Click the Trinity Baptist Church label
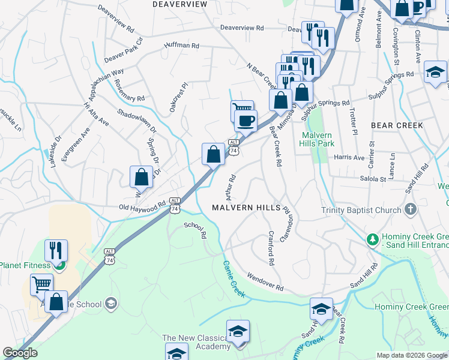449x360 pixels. pyautogui.click(x=361, y=210)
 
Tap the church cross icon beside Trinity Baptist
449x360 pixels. pyautogui.click(x=411, y=209)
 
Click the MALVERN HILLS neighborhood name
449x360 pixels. pyautogui.click(x=246, y=208)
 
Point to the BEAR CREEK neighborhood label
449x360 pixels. pyautogui.click(x=397, y=125)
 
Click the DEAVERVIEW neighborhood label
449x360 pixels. pyautogui.click(x=179, y=4)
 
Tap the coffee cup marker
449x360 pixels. pyautogui.click(x=245, y=121)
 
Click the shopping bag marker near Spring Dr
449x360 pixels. pyautogui.click(x=141, y=177)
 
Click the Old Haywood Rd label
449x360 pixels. pyautogui.click(x=142, y=208)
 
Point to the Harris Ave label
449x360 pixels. pyautogui.click(x=349, y=158)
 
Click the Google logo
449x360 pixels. pyautogui.click(x=20, y=353)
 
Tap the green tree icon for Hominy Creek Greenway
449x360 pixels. pyautogui.click(x=372, y=239)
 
